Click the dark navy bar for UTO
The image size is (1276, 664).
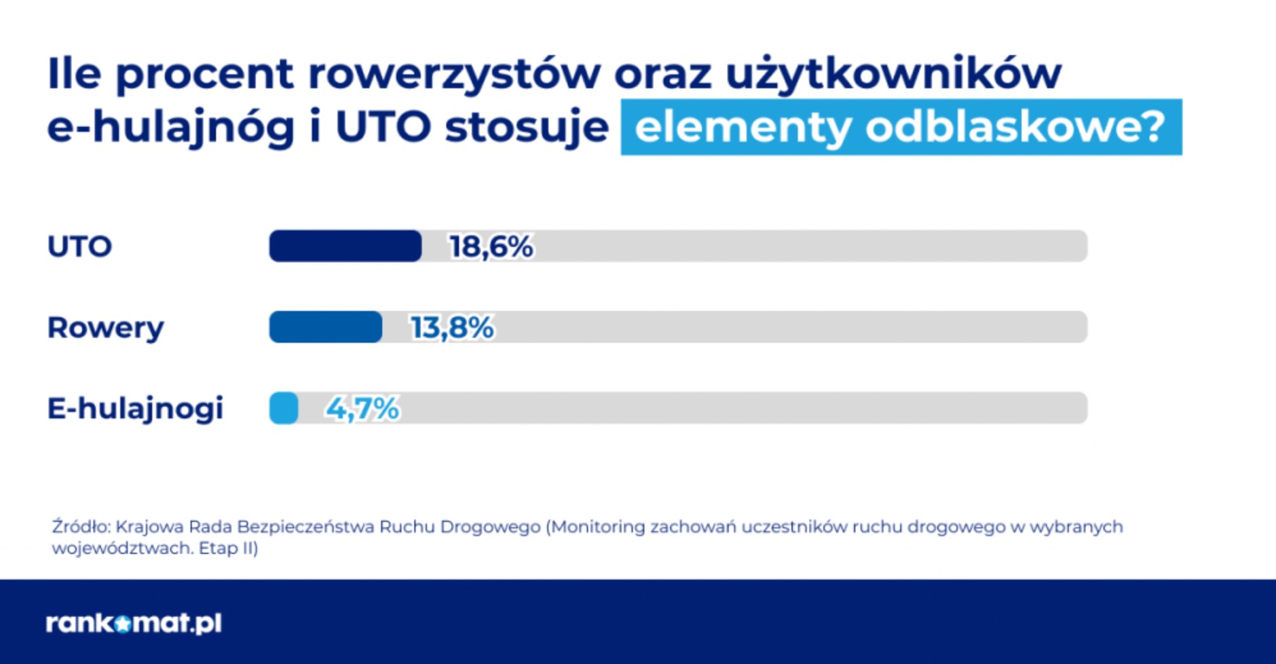click(x=345, y=246)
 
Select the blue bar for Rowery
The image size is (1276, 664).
click(x=326, y=327)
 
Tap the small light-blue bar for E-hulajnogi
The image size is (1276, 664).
click(x=284, y=408)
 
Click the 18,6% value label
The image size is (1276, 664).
click(x=491, y=246)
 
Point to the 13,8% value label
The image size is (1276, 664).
click(x=451, y=328)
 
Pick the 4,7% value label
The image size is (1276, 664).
click(x=362, y=409)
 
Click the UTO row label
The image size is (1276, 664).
click(x=79, y=246)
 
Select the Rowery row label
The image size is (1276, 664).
click(x=105, y=328)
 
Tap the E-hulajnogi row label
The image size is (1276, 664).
click(x=135, y=409)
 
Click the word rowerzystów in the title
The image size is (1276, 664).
click(x=454, y=73)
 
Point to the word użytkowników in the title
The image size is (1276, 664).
click(x=893, y=73)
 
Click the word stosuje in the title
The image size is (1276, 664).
click(x=527, y=128)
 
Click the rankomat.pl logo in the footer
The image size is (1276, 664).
click(x=134, y=623)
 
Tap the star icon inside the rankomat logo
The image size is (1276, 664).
click(x=122, y=623)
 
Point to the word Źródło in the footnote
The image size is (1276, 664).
click(x=80, y=527)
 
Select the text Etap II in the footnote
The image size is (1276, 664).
click(x=226, y=548)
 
